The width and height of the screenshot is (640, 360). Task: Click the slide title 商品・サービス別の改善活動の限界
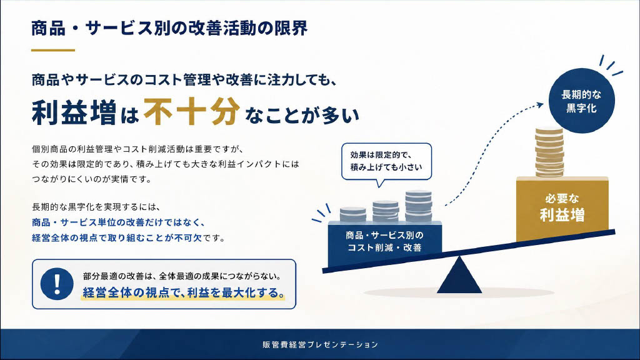click(x=169, y=28)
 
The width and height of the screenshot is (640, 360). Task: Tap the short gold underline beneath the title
click(x=53, y=50)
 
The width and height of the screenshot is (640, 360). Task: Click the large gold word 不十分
click(x=191, y=111)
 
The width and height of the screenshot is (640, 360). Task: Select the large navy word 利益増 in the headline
click(x=74, y=112)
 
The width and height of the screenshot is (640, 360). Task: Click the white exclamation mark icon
click(x=57, y=282)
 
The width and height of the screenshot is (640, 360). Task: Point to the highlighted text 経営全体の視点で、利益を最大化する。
click(x=183, y=292)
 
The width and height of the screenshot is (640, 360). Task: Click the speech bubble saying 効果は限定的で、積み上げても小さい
click(x=386, y=162)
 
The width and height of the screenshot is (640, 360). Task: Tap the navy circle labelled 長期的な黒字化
click(x=581, y=101)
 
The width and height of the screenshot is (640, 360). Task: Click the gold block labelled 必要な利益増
click(x=562, y=208)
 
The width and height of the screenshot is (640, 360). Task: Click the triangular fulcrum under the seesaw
click(x=459, y=276)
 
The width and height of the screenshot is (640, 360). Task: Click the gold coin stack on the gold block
click(x=549, y=152)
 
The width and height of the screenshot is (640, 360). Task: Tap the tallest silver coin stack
click(x=418, y=206)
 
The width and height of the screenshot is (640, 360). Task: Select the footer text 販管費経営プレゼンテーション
click(x=321, y=344)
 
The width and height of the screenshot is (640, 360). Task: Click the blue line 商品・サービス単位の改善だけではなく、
click(x=118, y=222)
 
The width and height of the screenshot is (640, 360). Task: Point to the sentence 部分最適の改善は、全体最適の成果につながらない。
click(x=182, y=276)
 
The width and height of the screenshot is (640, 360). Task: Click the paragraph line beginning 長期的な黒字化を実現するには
click(x=97, y=207)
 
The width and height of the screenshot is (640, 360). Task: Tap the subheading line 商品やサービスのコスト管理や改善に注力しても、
click(x=184, y=79)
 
